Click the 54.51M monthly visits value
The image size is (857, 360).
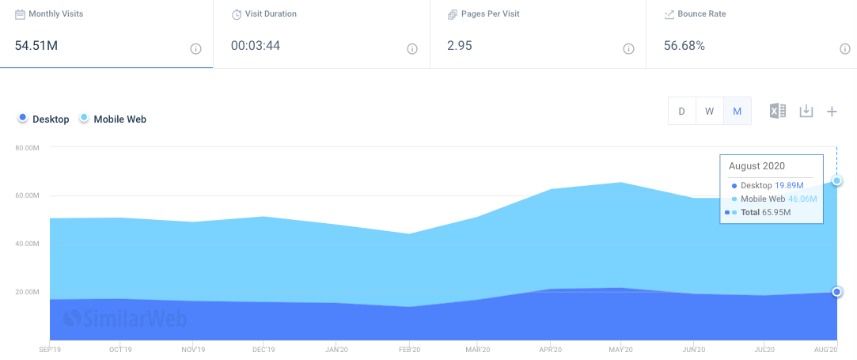click(x=36, y=46)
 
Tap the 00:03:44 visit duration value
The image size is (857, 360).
click(x=256, y=46)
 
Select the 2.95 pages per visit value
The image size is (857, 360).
click(x=459, y=46)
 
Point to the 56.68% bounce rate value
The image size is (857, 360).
click(x=684, y=46)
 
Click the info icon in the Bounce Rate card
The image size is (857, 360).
click(x=844, y=49)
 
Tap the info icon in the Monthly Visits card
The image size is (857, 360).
click(x=195, y=49)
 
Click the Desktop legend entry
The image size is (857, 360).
click(x=44, y=119)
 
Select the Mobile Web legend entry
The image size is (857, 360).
click(x=113, y=119)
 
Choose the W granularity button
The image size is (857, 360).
click(x=710, y=111)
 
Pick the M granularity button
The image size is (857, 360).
click(x=738, y=111)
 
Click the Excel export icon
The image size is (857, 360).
click(x=778, y=111)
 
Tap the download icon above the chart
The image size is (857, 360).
click(x=806, y=111)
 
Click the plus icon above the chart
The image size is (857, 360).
click(x=832, y=112)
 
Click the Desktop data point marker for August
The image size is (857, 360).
click(x=836, y=292)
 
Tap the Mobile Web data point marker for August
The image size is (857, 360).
click(x=836, y=181)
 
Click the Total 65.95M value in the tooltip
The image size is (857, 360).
click(x=766, y=213)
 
